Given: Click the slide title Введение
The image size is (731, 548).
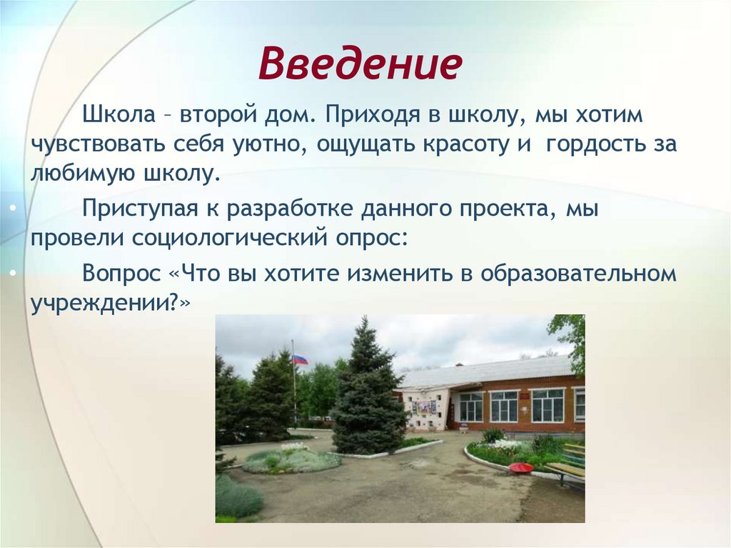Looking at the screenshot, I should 361,64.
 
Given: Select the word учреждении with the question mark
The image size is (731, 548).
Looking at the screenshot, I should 110,302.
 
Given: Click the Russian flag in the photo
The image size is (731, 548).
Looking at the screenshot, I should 299,359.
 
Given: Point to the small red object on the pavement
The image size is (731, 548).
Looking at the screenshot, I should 520,467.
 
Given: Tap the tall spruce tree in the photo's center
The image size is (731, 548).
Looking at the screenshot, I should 366,393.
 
